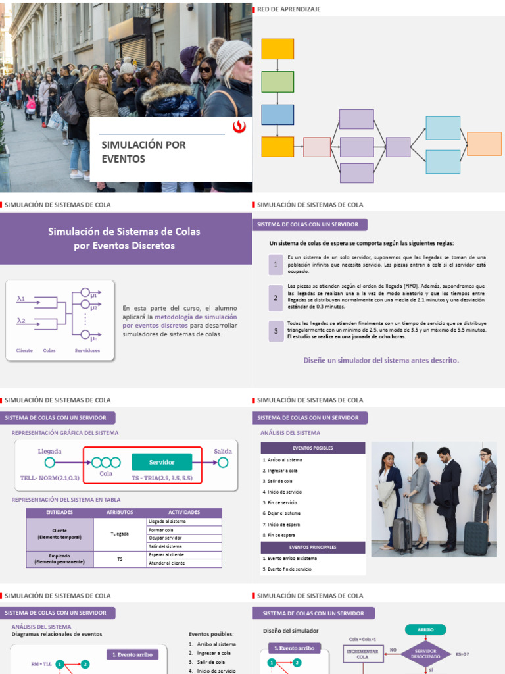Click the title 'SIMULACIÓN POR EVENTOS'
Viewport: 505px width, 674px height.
coord(143,151)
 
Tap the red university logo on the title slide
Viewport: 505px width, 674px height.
coord(239,128)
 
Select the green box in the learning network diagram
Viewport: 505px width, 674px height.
coord(277,82)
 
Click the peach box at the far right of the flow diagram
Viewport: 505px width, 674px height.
coord(484,143)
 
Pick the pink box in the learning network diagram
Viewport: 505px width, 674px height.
coord(316,147)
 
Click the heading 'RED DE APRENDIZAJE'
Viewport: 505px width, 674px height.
coord(289,9)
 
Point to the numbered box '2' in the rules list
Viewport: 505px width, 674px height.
coord(276,298)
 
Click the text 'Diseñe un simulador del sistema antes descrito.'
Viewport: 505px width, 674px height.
coord(381,360)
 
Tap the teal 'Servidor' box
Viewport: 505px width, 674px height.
coord(162,462)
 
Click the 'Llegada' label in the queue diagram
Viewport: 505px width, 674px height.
coord(50,451)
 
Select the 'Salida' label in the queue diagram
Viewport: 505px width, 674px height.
coord(223,451)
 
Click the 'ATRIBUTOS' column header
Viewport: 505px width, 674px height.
coord(120,512)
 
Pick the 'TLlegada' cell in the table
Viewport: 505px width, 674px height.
coord(120,534)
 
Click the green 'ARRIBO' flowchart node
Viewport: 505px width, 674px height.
coord(425,629)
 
